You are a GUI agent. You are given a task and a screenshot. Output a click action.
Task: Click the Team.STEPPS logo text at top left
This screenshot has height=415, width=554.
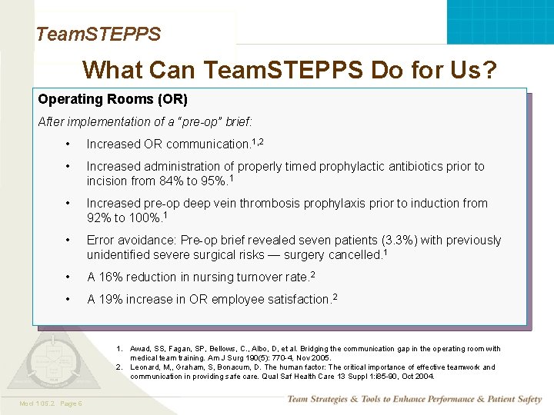tap(98, 34)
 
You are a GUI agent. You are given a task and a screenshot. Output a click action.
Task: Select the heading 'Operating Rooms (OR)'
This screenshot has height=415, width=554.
tap(112, 99)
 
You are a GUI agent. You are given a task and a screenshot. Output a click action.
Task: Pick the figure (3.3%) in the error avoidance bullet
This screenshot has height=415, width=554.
tap(342, 241)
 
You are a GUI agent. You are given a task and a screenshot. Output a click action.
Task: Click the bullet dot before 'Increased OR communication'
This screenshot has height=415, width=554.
tap(69, 144)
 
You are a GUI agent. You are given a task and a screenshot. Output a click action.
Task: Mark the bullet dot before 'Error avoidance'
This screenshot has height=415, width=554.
tap(69, 241)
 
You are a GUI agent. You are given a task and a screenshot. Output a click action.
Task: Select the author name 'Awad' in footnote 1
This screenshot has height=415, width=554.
tap(139, 349)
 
